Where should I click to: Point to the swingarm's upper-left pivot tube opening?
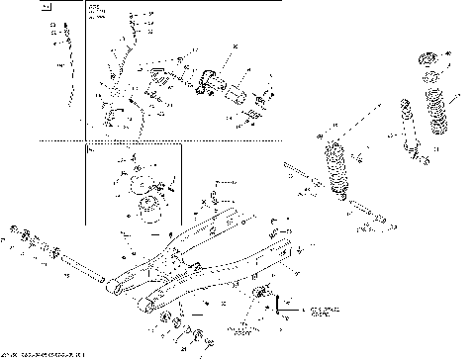115,287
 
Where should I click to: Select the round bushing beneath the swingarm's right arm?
262,292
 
